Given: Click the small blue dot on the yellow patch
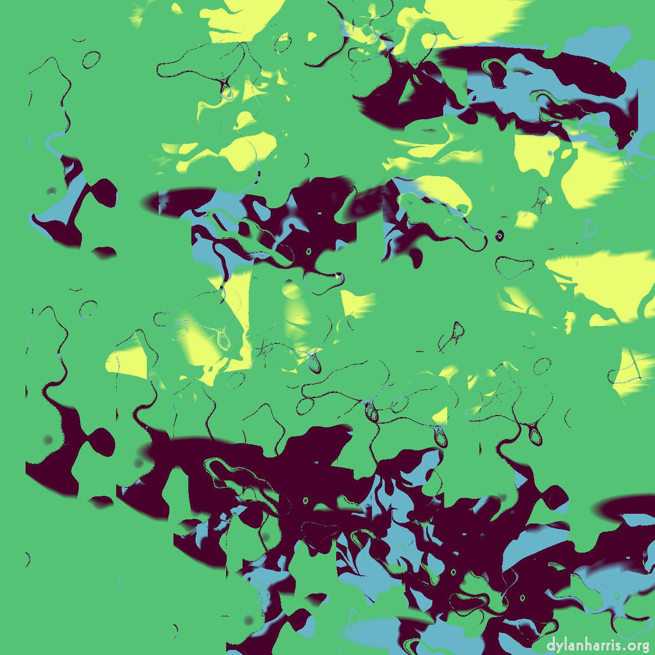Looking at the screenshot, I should pyautogui.click(x=550, y=153).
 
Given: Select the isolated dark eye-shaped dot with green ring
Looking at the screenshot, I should pyautogui.click(x=499, y=236).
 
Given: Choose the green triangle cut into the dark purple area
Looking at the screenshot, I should pyautogui.click(x=409, y=92).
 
